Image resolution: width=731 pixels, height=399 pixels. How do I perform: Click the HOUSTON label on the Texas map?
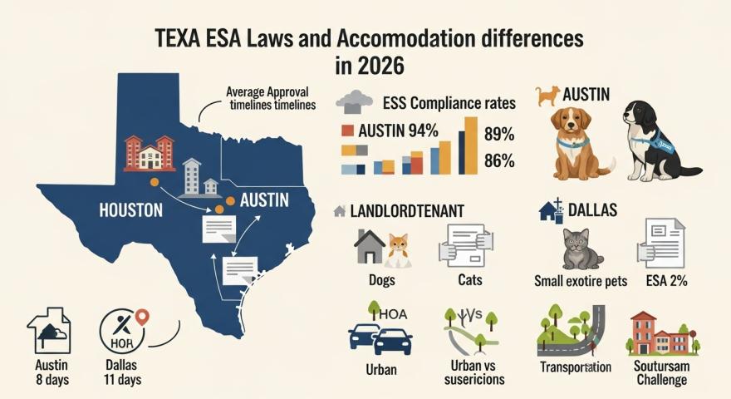click(x=130, y=210)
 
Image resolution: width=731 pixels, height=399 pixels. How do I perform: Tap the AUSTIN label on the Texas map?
click(x=263, y=200)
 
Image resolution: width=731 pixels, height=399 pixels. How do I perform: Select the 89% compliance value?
click(x=498, y=135)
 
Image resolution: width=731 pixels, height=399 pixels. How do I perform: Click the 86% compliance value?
click(x=498, y=160)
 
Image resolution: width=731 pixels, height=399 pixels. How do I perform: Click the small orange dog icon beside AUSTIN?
click(x=547, y=96)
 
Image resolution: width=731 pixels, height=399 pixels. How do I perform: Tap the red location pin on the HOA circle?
click(x=141, y=317)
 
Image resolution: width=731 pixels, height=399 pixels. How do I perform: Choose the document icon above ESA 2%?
click(x=660, y=243)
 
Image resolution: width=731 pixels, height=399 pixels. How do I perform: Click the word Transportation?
click(x=575, y=367)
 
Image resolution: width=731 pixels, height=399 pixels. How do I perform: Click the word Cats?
click(x=469, y=280)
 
